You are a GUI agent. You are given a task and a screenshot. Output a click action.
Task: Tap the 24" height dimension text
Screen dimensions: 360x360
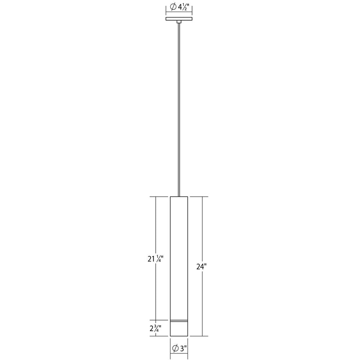(202, 266)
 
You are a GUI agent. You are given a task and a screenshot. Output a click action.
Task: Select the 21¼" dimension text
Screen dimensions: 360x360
(156, 259)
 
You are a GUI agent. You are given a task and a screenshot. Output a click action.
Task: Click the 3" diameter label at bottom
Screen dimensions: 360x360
(179, 348)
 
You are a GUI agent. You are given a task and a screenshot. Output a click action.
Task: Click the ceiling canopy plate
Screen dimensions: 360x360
(179, 19)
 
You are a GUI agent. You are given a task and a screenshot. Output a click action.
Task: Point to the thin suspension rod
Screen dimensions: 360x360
(179, 110)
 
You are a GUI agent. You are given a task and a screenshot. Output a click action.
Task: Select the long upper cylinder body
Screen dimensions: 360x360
(179, 258)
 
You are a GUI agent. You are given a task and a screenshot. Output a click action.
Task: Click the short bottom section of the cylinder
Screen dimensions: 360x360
(179, 329)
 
